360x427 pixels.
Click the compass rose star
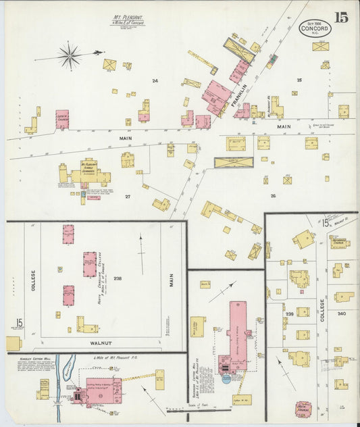70,55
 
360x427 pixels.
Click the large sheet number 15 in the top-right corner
340,18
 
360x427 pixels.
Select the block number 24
155,81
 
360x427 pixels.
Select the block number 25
299,80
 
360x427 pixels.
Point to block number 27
127,197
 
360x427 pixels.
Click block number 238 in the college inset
117,278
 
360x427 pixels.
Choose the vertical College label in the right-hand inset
323,307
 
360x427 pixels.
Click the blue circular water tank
226,378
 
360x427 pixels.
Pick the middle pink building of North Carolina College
90,264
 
